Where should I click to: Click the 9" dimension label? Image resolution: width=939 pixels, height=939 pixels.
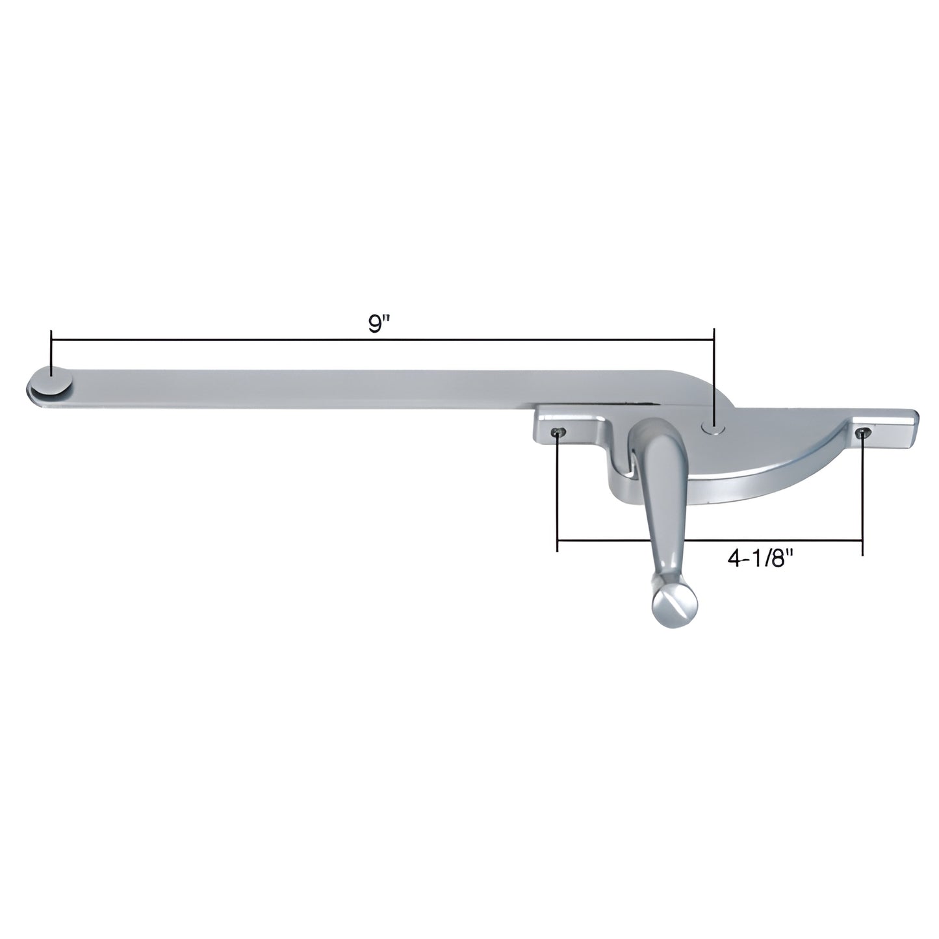pos(375,326)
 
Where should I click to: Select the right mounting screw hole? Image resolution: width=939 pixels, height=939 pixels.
pos(862,433)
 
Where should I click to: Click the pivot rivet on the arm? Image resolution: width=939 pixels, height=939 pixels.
pos(714,426)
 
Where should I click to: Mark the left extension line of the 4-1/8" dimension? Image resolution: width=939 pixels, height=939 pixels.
pos(558,494)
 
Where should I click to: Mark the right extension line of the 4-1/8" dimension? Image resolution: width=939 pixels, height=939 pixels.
pos(862,494)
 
